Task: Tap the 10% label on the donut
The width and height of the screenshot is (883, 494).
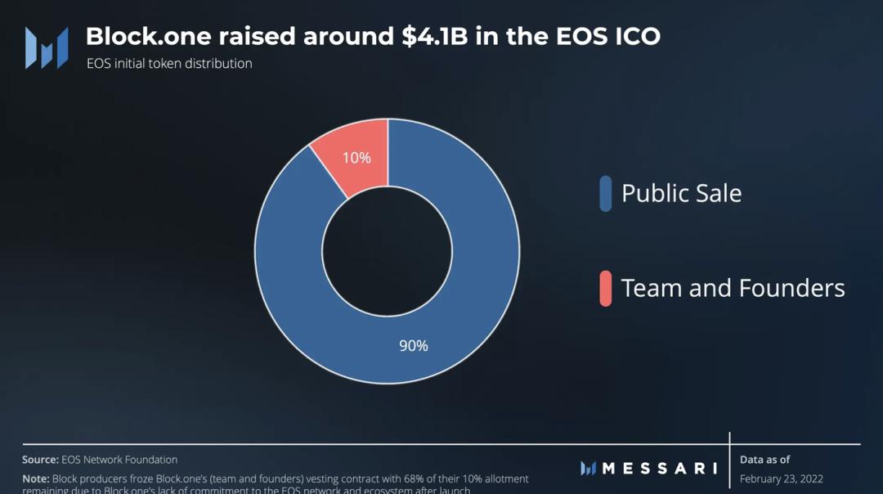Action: tap(356, 158)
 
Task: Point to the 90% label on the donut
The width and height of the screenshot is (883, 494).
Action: tap(414, 346)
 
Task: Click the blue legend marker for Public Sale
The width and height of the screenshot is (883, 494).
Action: tap(605, 194)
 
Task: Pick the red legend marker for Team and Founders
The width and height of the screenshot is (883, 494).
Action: tap(605, 288)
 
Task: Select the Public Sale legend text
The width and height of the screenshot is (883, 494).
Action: tap(681, 194)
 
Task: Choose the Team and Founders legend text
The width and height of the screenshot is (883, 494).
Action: tap(733, 288)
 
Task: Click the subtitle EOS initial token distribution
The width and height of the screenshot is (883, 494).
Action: tap(169, 64)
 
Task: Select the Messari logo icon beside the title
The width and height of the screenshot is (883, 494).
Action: tap(47, 47)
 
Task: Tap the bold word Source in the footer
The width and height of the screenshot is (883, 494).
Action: tap(39, 460)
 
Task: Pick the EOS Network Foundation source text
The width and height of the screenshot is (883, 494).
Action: tap(119, 460)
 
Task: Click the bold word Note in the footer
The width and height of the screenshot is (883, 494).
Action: tap(35, 478)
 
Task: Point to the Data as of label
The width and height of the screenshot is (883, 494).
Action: tap(764, 460)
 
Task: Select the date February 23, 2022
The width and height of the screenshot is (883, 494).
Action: tap(781, 479)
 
